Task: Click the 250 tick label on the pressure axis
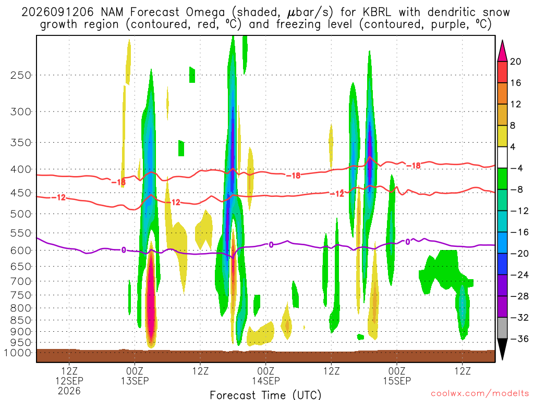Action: tap(21, 75)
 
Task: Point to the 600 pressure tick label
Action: tap(21, 251)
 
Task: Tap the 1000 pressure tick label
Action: tap(18, 353)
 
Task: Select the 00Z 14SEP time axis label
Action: tap(265, 376)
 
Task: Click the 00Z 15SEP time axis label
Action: tap(397, 376)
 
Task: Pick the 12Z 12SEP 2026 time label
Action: tap(69, 381)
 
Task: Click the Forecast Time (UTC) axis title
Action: tap(265, 395)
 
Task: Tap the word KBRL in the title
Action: tap(377, 12)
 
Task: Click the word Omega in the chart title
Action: tap(205, 12)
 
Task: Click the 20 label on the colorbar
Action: tap(515, 61)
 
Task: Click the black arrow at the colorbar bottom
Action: tap(502, 348)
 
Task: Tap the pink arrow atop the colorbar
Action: tap(502, 52)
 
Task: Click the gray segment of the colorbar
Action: tap(502, 328)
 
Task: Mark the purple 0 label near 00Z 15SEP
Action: tap(408, 242)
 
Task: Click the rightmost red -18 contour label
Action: tap(415, 166)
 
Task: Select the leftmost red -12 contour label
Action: tap(59, 197)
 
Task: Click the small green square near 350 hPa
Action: tap(181, 148)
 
